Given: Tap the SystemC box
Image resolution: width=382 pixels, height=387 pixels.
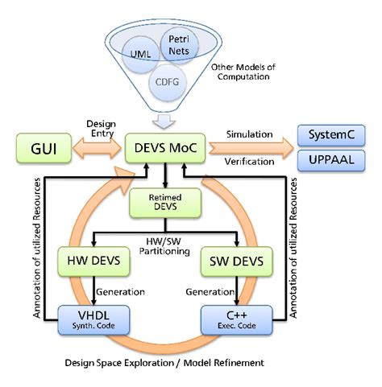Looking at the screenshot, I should click(x=333, y=134).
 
